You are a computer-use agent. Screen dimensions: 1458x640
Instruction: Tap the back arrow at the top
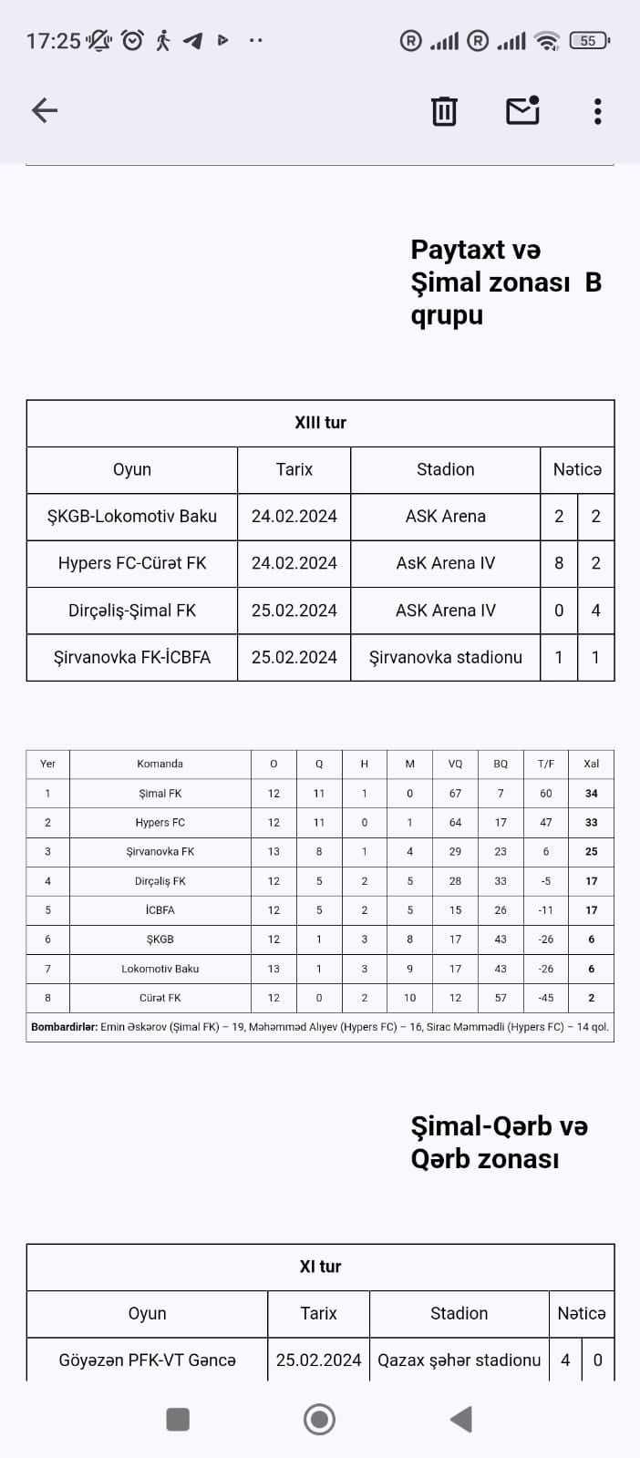coord(45,110)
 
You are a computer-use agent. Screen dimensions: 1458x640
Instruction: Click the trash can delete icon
coord(444,110)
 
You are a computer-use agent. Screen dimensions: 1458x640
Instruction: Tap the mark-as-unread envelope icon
coord(522,110)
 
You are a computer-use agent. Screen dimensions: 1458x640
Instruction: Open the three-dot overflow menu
coord(597,111)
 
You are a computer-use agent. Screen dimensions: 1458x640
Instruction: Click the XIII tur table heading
coord(320,423)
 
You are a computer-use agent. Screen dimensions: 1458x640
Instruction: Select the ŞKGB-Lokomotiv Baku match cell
coord(132,517)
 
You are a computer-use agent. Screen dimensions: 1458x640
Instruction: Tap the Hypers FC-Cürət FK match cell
coord(132,563)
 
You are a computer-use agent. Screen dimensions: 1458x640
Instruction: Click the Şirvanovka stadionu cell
coord(445,657)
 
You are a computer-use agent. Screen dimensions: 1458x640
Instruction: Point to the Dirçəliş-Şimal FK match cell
coord(132,611)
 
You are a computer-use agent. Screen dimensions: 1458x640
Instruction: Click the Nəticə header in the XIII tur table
coord(577,469)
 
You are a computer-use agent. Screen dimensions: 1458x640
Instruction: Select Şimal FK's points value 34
coord(591,794)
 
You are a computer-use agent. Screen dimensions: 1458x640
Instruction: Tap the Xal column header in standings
coord(591,764)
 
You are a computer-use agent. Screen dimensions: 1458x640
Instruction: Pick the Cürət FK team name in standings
coord(160,998)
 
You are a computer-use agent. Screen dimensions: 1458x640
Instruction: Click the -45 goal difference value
coord(545,998)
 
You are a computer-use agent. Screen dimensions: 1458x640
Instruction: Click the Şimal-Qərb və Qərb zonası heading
coord(499,1143)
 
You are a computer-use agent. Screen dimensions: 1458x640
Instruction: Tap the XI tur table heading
coord(320,1267)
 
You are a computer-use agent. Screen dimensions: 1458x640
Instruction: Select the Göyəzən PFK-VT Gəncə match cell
coord(147,1360)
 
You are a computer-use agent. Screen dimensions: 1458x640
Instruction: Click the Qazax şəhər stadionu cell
coord(459,1360)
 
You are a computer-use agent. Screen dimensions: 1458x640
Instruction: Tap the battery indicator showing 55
coord(588,41)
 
